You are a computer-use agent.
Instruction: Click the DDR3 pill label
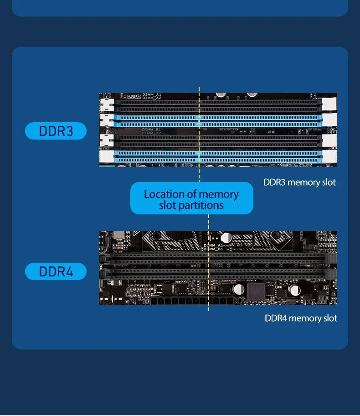(x=56, y=131)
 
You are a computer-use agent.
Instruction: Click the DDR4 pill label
(x=56, y=271)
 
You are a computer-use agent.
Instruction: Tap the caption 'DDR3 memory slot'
(x=299, y=182)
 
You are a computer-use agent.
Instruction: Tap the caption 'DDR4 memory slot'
(x=301, y=318)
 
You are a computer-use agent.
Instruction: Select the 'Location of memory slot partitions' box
(x=191, y=198)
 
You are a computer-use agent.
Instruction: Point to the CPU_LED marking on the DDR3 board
(x=134, y=96)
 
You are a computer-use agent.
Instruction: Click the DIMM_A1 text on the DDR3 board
(x=152, y=94)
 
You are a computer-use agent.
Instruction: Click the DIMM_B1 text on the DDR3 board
(x=151, y=130)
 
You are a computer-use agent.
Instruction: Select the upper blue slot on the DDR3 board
(x=219, y=121)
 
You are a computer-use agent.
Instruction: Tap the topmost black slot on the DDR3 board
(x=219, y=104)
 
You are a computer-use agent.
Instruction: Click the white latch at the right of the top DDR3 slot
(x=329, y=104)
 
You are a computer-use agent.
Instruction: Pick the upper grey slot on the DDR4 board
(x=214, y=258)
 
